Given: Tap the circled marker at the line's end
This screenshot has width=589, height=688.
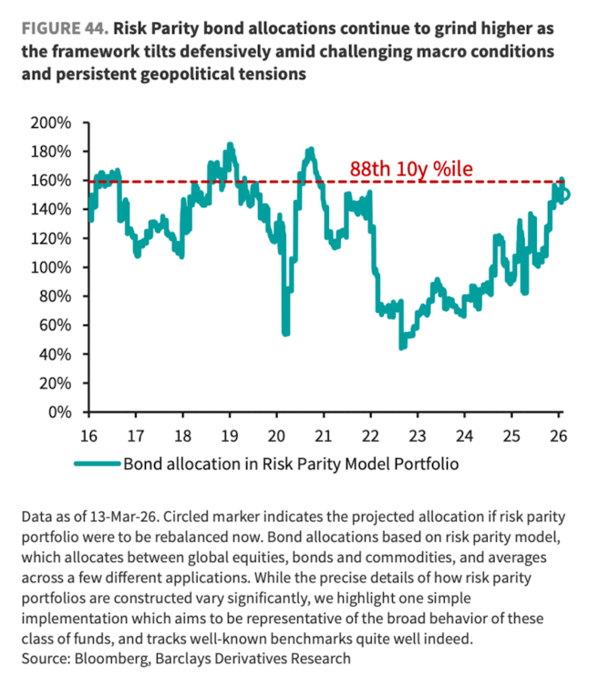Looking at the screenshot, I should (565, 193).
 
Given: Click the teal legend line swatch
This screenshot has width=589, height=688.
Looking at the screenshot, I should (97, 464).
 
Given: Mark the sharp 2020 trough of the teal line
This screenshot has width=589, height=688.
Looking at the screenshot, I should (285, 333).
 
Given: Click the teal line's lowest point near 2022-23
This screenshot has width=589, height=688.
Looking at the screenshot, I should (401, 348).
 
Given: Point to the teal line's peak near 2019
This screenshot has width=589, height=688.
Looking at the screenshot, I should (230, 144).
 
